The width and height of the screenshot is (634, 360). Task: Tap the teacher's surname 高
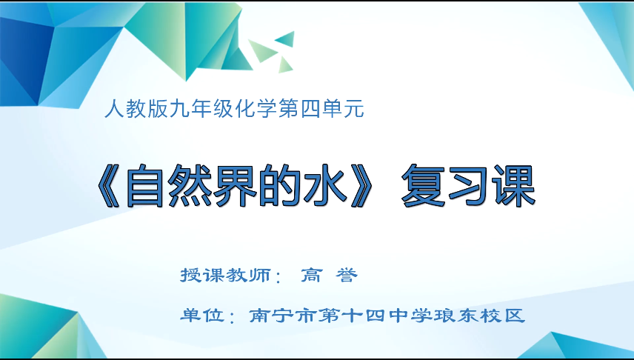310,276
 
